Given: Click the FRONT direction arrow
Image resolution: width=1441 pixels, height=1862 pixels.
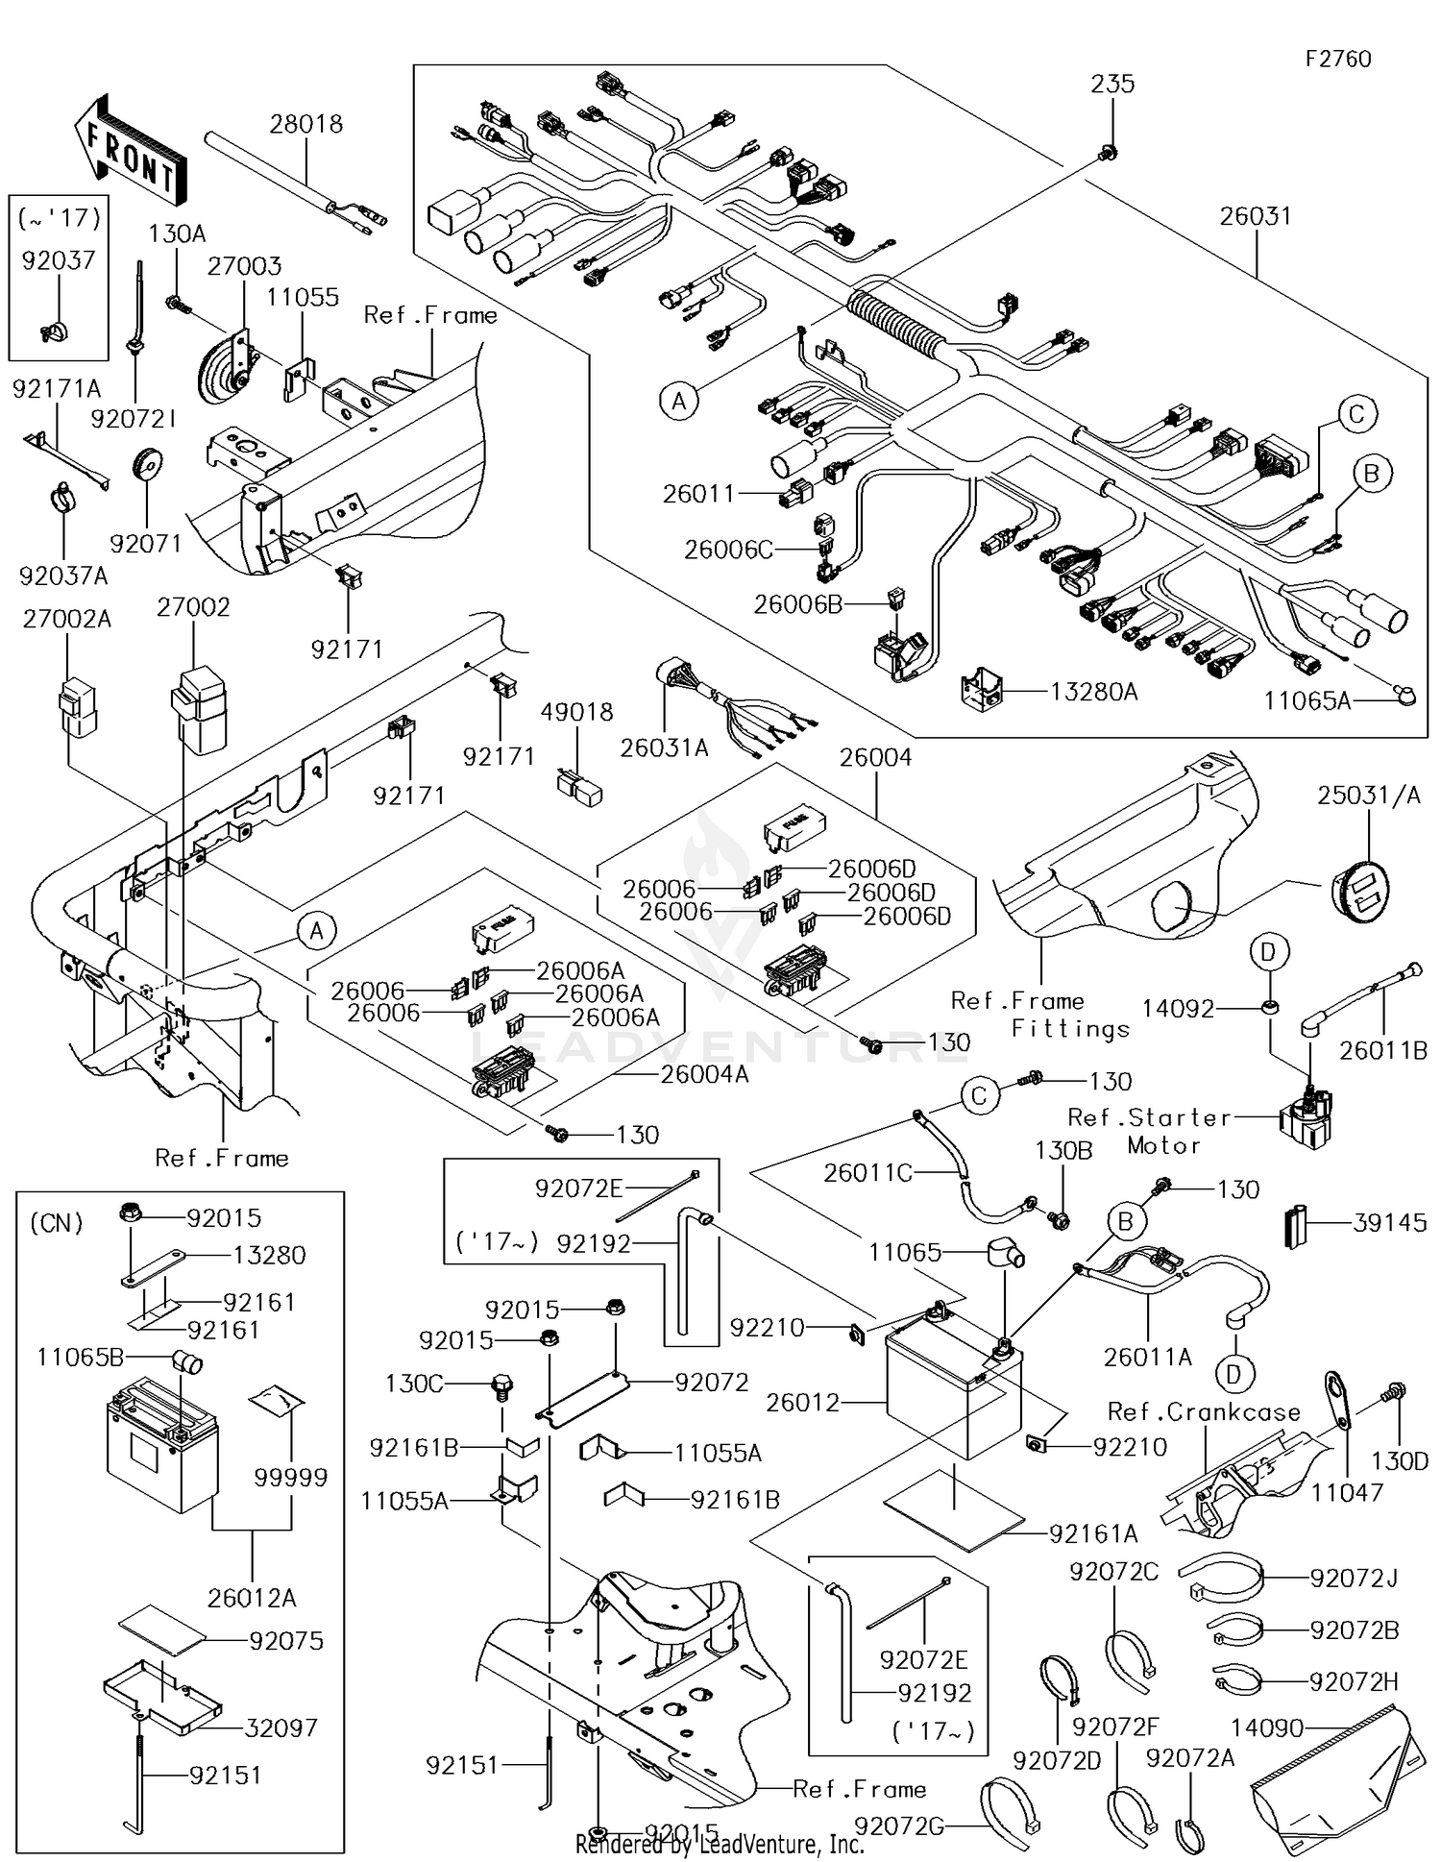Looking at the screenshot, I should pos(130,149).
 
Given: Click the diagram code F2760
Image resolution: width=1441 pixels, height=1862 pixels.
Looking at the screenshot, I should pos(1337,59).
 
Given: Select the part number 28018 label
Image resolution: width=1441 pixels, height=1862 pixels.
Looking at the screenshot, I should pos(305,124).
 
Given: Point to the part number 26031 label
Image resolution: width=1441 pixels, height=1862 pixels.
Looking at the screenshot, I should pos(1256,216).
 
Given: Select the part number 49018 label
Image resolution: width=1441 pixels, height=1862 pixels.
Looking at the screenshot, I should pos(576,712).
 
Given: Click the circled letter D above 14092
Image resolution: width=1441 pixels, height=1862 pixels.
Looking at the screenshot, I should pos(1268,952).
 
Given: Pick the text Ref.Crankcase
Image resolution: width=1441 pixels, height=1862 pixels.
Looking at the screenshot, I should pos(1204,1411).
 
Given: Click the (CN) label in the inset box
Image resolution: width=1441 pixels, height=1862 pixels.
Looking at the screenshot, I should pos(57,1223).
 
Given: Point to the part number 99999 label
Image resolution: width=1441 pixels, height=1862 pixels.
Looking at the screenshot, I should pos(290,1477).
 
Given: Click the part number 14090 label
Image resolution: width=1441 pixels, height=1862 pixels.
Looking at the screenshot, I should pos(1267,1728).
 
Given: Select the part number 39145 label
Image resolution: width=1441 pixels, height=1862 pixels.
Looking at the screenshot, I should pos(1390,1223).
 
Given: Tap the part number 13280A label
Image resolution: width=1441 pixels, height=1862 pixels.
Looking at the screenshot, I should pos(1093,691).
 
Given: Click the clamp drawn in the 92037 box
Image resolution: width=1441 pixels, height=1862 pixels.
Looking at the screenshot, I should pos(56,330).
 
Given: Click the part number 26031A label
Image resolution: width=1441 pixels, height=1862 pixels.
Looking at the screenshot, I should pos(664,747).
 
